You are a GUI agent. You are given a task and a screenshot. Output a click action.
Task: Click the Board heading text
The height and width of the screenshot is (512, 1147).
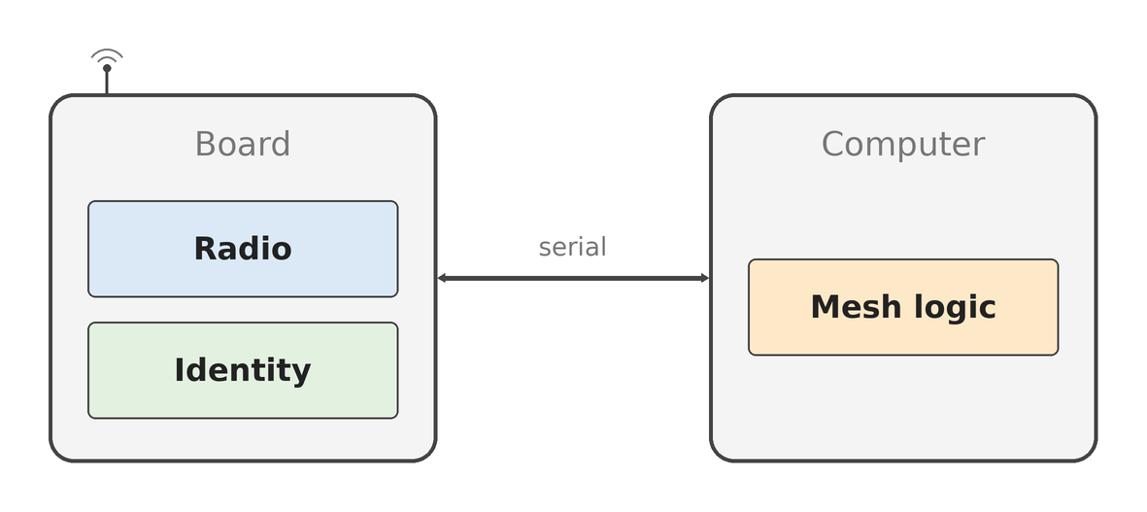(x=243, y=144)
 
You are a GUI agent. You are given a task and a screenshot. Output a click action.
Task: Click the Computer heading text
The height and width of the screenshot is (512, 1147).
(x=903, y=145)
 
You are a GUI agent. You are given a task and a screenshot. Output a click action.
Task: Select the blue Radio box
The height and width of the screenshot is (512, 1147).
(x=243, y=249)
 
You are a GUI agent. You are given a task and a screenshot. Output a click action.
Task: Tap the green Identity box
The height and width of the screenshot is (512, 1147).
(x=243, y=370)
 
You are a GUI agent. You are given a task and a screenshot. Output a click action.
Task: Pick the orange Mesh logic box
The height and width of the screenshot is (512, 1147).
(x=903, y=307)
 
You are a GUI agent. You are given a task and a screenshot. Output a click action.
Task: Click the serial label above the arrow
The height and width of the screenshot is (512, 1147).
(x=573, y=247)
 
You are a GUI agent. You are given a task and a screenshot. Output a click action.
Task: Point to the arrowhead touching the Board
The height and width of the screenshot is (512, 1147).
(x=442, y=278)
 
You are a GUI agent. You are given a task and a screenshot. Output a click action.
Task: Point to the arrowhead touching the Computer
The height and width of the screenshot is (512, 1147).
(x=704, y=278)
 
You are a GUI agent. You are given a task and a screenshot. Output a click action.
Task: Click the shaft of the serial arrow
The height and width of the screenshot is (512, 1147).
(x=573, y=278)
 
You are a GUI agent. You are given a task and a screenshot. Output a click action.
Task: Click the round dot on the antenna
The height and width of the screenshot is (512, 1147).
(x=107, y=68)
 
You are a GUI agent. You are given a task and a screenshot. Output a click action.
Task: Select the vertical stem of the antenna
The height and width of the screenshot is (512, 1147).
(x=107, y=83)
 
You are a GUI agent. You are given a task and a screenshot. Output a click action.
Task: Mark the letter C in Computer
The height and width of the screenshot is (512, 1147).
(x=833, y=144)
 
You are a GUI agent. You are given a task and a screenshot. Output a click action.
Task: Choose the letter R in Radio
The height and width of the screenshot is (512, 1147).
(x=205, y=249)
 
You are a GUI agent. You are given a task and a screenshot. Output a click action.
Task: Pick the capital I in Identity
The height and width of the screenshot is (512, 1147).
(x=180, y=370)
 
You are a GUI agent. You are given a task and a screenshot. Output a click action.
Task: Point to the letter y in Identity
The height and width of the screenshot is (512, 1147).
(x=301, y=374)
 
